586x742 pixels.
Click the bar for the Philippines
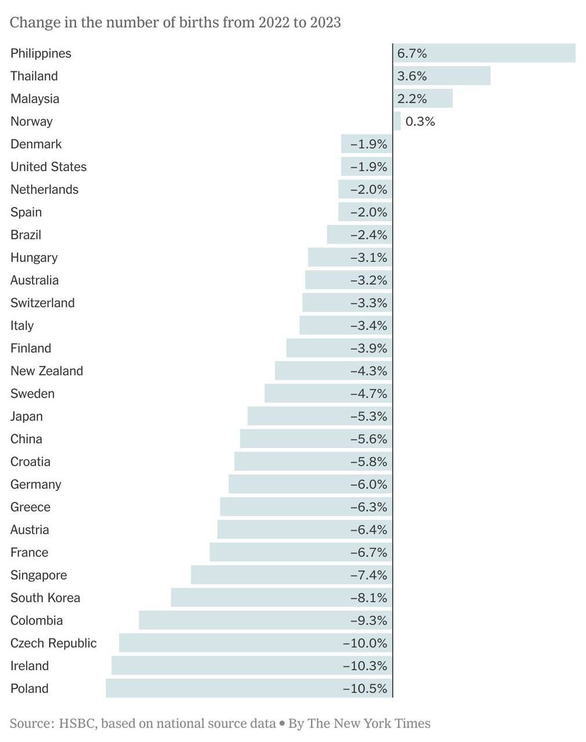click(x=484, y=53)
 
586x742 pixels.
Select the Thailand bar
click(x=442, y=76)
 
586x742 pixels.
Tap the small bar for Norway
click(x=397, y=121)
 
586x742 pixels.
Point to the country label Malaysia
click(x=35, y=99)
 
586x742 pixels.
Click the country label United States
click(x=48, y=167)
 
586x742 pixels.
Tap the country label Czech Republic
click(x=53, y=643)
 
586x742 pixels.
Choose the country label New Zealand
click(x=46, y=371)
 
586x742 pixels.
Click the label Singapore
click(x=38, y=575)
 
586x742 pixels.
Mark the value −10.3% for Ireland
click(x=365, y=666)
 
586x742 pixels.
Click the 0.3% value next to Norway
click(x=420, y=122)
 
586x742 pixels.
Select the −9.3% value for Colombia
click(x=368, y=621)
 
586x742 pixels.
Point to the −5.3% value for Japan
click(x=368, y=417)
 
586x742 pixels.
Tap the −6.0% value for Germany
click(x=368, y=485)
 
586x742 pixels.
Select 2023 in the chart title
click(x=325, y=23)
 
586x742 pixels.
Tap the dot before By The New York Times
click(x=282, y=724)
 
